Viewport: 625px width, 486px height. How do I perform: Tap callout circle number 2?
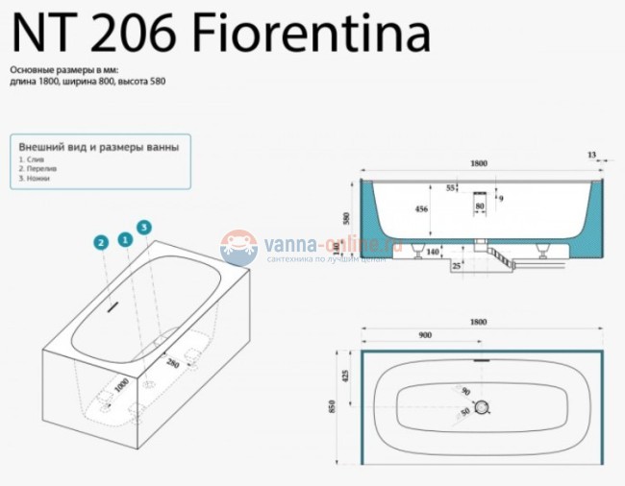(x=100, y=243)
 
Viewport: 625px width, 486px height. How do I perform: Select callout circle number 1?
(x=124, y=237)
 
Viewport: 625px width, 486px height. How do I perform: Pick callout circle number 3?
(x=144, y=227)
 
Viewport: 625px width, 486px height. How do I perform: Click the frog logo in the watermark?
(x=238, y=247)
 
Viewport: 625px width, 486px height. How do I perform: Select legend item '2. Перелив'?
(x=36, y=170)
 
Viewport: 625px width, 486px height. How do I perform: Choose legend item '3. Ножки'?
(x=34, y=179)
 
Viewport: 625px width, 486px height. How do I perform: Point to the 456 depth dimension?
(x=420, y=207)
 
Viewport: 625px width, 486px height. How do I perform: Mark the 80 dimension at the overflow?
(x=480, y=206)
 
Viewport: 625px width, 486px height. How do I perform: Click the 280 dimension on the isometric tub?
(x=174, y=363)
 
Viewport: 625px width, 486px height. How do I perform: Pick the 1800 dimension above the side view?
(x=479, y=163)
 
